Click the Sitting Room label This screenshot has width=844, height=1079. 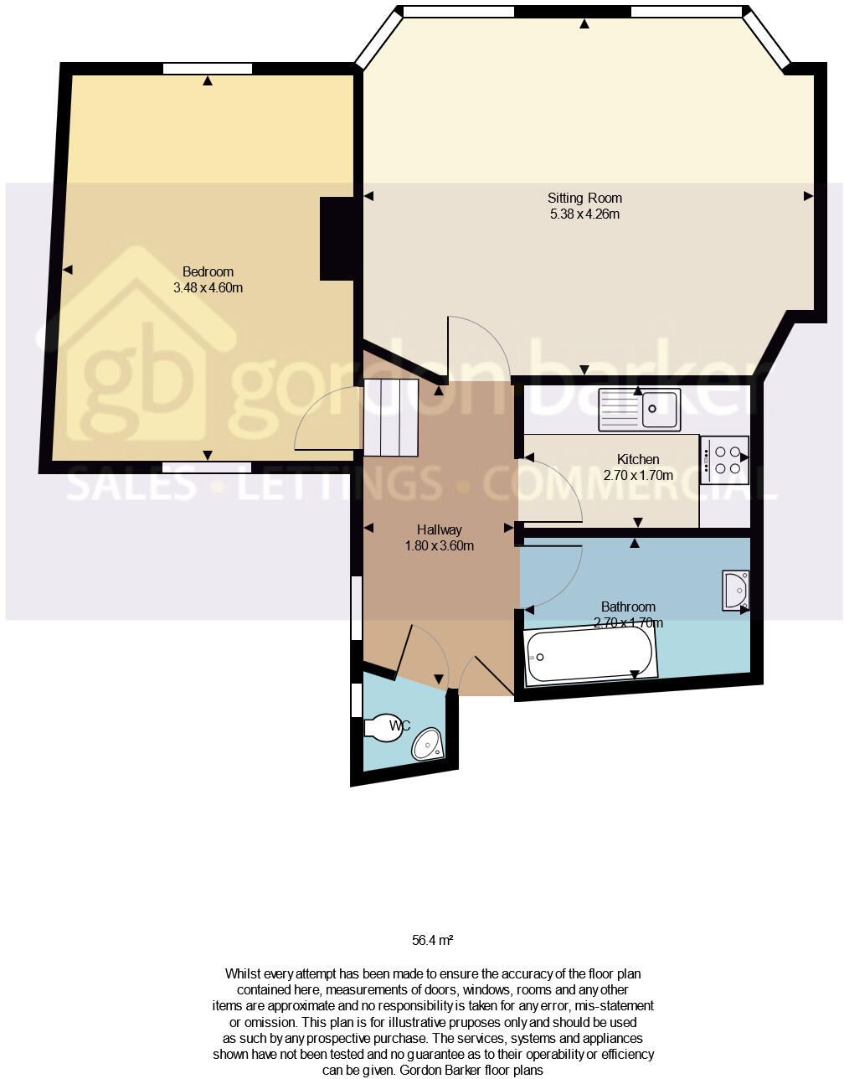click(584, 199)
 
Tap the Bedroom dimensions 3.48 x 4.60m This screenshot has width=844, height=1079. click(208, 287)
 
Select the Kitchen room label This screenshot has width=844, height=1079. click(638, 459)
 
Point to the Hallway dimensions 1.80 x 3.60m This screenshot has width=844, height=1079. click(440, 546)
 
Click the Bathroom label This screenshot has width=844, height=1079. click(628, 607)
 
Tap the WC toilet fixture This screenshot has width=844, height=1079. click(383, 726)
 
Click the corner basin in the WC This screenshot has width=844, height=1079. click(428, 743)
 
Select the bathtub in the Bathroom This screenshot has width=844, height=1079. click(589, 655)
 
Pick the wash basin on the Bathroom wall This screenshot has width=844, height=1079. click(736, 590)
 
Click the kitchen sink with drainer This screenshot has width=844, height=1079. click(639, 410)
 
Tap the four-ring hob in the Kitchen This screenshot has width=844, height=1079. click(724, 460)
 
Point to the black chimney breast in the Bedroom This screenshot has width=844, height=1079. click(337, 239)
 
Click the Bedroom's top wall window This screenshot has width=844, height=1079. click(208, 69)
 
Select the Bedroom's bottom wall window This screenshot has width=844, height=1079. click(207, 467)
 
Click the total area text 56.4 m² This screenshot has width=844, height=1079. click(432, 940)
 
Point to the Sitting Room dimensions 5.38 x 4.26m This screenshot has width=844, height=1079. click(584, 214)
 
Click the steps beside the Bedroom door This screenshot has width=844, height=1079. click(390, 416)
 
